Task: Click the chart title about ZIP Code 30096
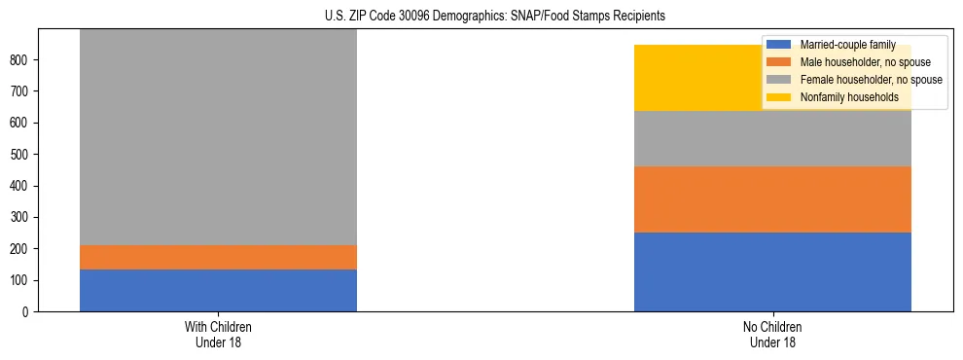[495, 17]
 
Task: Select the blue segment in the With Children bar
[218, 290]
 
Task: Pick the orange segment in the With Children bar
[218, 257]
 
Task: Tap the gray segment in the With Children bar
[218, 136]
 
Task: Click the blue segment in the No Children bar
[772, 272]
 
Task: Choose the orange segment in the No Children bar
[772, 199]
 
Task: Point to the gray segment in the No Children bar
[772, 139]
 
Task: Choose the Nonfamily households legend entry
[848, 97]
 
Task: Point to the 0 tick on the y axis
[26, 312]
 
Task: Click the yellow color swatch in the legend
[779, 97]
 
